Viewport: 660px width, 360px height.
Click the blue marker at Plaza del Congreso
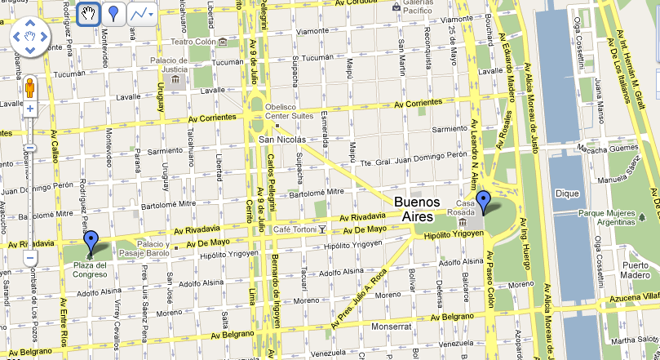[x=91, y=242]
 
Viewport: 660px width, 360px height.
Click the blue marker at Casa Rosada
[x=484, y=201]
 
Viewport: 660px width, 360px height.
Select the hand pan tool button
[x=88, y=14]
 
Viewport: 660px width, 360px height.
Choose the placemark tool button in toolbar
[x=113, y=14]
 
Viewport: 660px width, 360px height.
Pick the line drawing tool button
[x=141, y=14]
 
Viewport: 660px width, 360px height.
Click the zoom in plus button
[x=30, y=109]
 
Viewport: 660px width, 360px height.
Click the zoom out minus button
[x=30, y=258]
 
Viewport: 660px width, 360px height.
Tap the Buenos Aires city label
[x=416, y=209]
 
